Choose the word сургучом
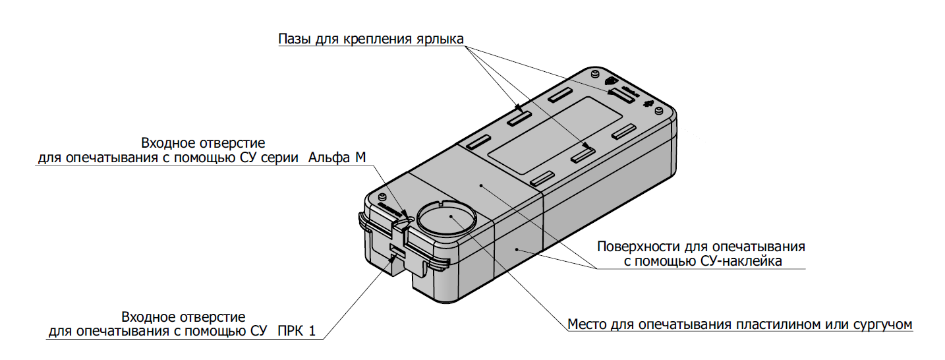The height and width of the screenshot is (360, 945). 881,324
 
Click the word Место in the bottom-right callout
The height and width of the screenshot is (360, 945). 587,324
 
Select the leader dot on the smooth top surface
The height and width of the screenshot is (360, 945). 482,187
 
